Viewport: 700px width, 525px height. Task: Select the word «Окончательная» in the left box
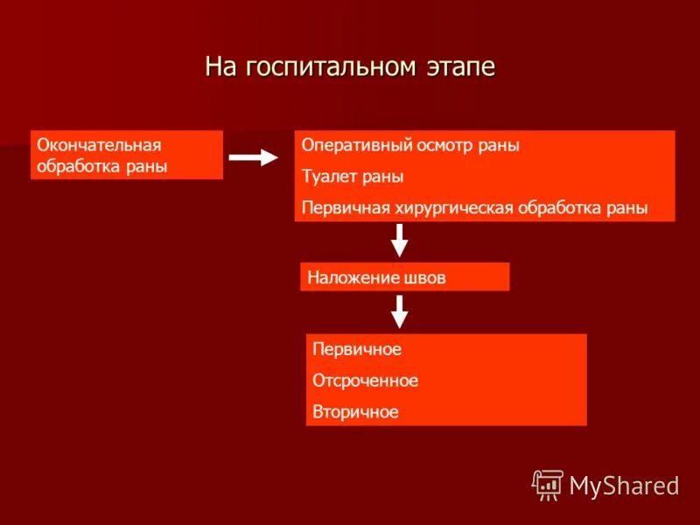(x=100, y=144)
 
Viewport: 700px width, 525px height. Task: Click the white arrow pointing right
(x=252, y=157)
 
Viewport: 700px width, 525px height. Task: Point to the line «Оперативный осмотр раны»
(x=410, y=146)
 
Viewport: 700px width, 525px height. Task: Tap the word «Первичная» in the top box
(x=338, y=208)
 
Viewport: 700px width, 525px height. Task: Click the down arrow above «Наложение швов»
(x=399, y=239)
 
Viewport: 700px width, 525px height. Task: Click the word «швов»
(x=424, y=278)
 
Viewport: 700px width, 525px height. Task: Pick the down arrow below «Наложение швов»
(x=399, y=311)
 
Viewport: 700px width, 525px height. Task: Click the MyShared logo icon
(x=548, y=485)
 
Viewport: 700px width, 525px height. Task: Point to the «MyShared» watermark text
(x=624, y=486)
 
